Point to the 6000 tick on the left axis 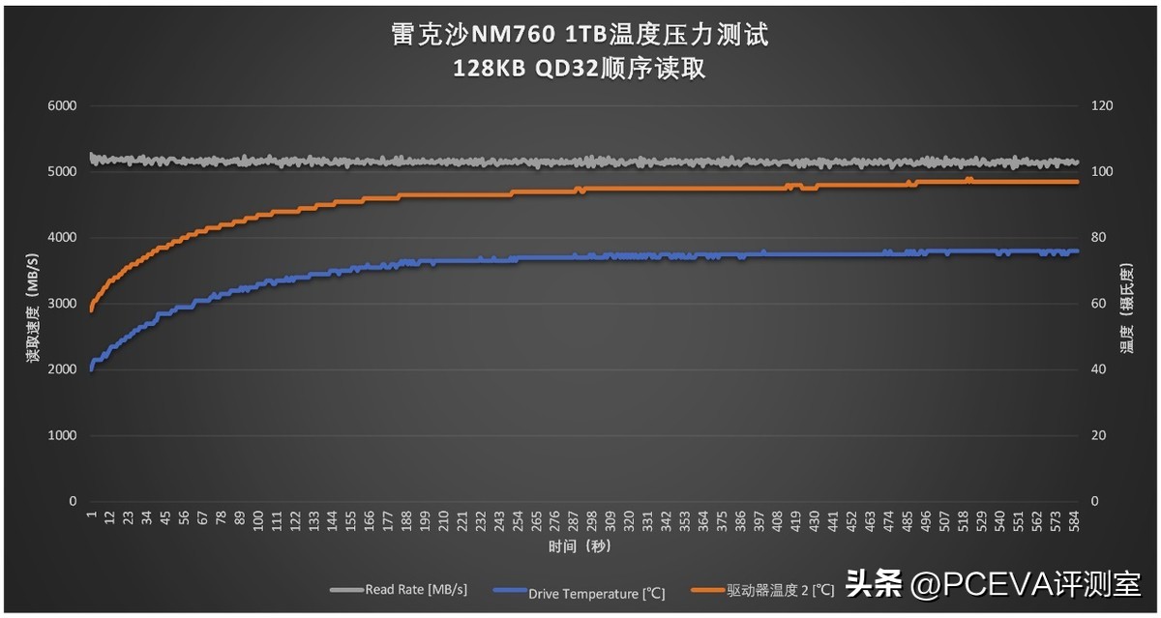coord(62,105)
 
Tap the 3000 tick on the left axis coord(62,304)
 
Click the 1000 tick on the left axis coord(62,435)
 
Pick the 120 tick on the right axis coord(1103,105)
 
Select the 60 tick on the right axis coord(1100,304)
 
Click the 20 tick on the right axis coord(1100,435)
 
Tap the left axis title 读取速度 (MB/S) coord(33,308)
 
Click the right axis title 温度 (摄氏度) coord(1127,308)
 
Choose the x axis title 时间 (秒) coord(580,547)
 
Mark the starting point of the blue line coord(91,368)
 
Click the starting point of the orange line coord(91,309)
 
